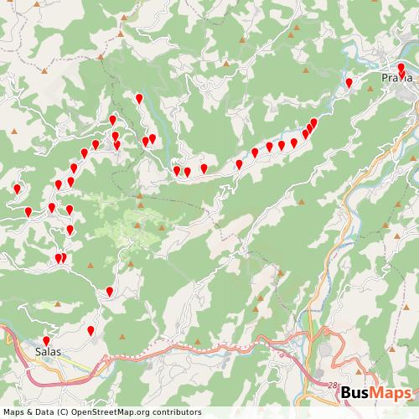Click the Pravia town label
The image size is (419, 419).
pos(396,78)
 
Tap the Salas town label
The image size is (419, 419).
pos(48,352)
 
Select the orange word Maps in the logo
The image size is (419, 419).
pos(391,394)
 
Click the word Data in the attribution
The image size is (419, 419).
pos(40,411)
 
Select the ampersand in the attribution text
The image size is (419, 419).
pos(27,411)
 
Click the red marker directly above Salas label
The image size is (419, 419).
pos(46,339)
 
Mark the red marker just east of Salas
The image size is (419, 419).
pos(91,331)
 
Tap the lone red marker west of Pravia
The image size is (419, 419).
pos(349,82)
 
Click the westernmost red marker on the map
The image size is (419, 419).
pos(16,189)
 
